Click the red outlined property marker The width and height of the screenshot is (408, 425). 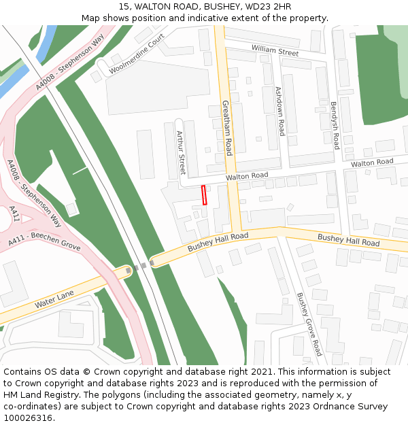[204, 194]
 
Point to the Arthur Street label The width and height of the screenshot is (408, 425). [181, 153]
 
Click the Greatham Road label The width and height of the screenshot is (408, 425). [227, 128]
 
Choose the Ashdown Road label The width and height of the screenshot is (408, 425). [279, 110]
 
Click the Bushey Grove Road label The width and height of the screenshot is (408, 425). [309, 324]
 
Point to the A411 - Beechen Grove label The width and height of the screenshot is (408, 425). [45, 237]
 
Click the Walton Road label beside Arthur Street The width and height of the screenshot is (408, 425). [247, 176]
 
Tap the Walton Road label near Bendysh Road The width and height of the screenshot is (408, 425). [372, 163]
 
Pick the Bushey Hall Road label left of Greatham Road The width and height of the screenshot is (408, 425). [218, 241]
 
